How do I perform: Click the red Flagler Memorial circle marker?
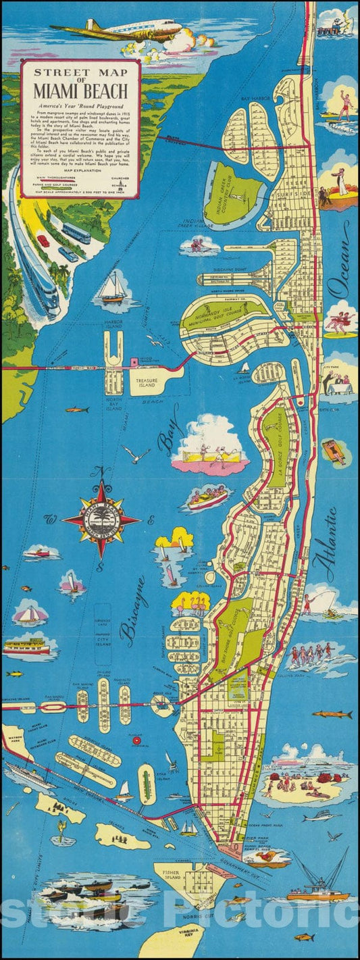(137, 740)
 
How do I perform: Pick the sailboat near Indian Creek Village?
(113, 287)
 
